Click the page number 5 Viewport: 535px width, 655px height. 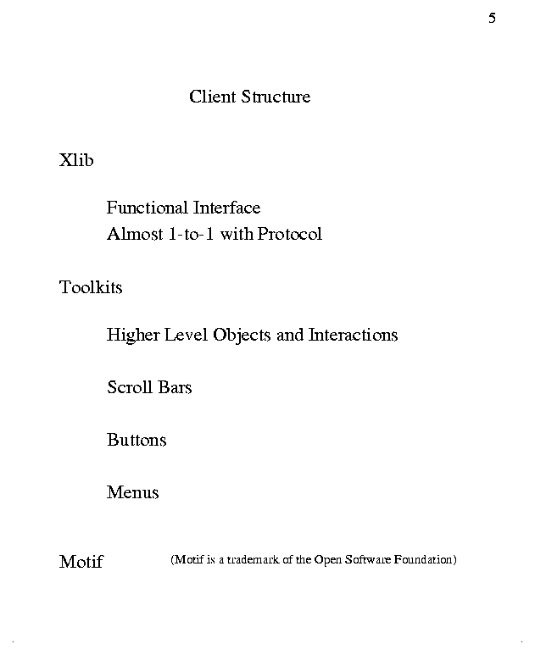[492, 19]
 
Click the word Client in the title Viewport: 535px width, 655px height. [213, 97]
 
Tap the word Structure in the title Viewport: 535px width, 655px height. [276, 97]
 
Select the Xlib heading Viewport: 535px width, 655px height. [76, 160]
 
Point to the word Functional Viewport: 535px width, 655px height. [148, 208]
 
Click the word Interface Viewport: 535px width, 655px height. [226, 208]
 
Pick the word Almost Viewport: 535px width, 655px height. [134, 234]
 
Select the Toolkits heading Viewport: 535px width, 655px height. [91, 287]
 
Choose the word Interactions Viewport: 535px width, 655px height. [353, 335]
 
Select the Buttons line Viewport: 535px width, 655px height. [137, 440]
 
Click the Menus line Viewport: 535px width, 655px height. [133, 492]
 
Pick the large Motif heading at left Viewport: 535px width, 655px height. [81, 562]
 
